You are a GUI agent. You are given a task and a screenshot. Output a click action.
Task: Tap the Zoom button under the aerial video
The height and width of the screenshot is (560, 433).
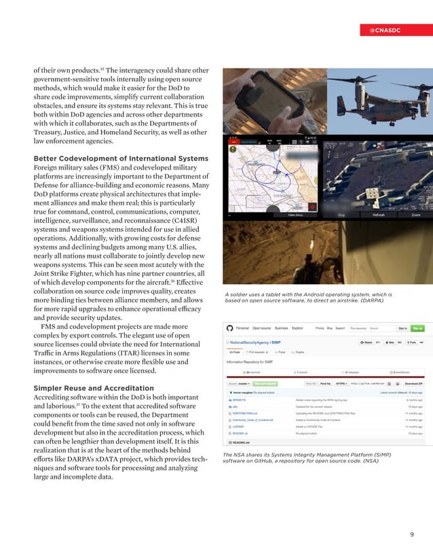tap(415, 215)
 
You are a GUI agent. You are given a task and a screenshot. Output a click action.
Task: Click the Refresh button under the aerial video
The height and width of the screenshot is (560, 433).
tap(379, 215)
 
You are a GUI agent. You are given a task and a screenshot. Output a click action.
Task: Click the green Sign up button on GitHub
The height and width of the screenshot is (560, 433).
tap(417, 328)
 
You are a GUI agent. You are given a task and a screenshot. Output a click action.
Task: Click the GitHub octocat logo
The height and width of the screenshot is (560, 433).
tap(229, 328)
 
